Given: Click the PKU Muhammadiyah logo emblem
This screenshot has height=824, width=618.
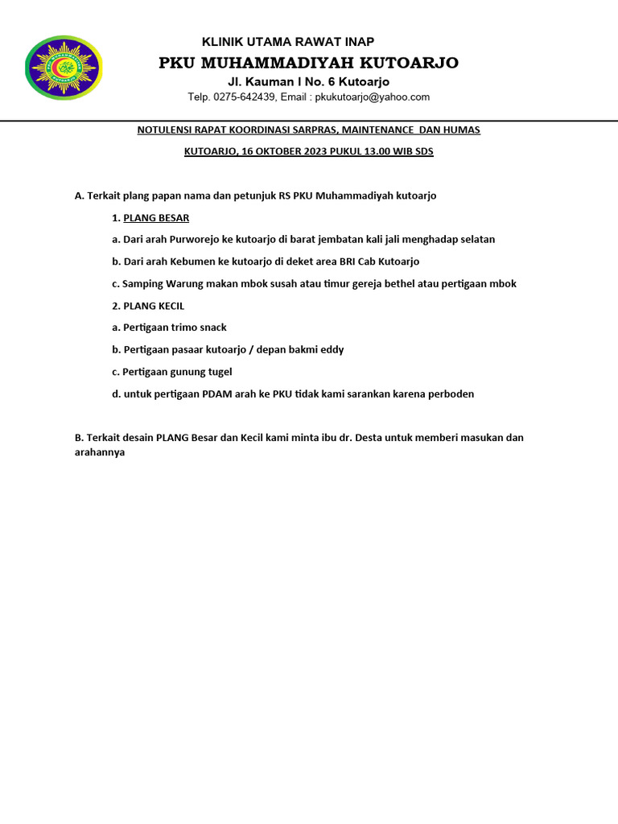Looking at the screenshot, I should (x=64, y=68).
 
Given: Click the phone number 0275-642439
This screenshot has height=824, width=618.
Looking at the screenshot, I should (x=247, y=97).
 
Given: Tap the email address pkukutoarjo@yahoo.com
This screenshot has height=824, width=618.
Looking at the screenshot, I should (x=372, y=97).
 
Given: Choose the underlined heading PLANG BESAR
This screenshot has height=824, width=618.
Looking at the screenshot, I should (x=156, y=217).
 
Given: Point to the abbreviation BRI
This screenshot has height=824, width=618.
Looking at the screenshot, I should (x=340, y=262).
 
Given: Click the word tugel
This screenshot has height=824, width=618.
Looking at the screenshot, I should (x=218, y=372).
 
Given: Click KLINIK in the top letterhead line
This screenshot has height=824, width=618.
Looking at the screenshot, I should (x=219, y=42).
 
